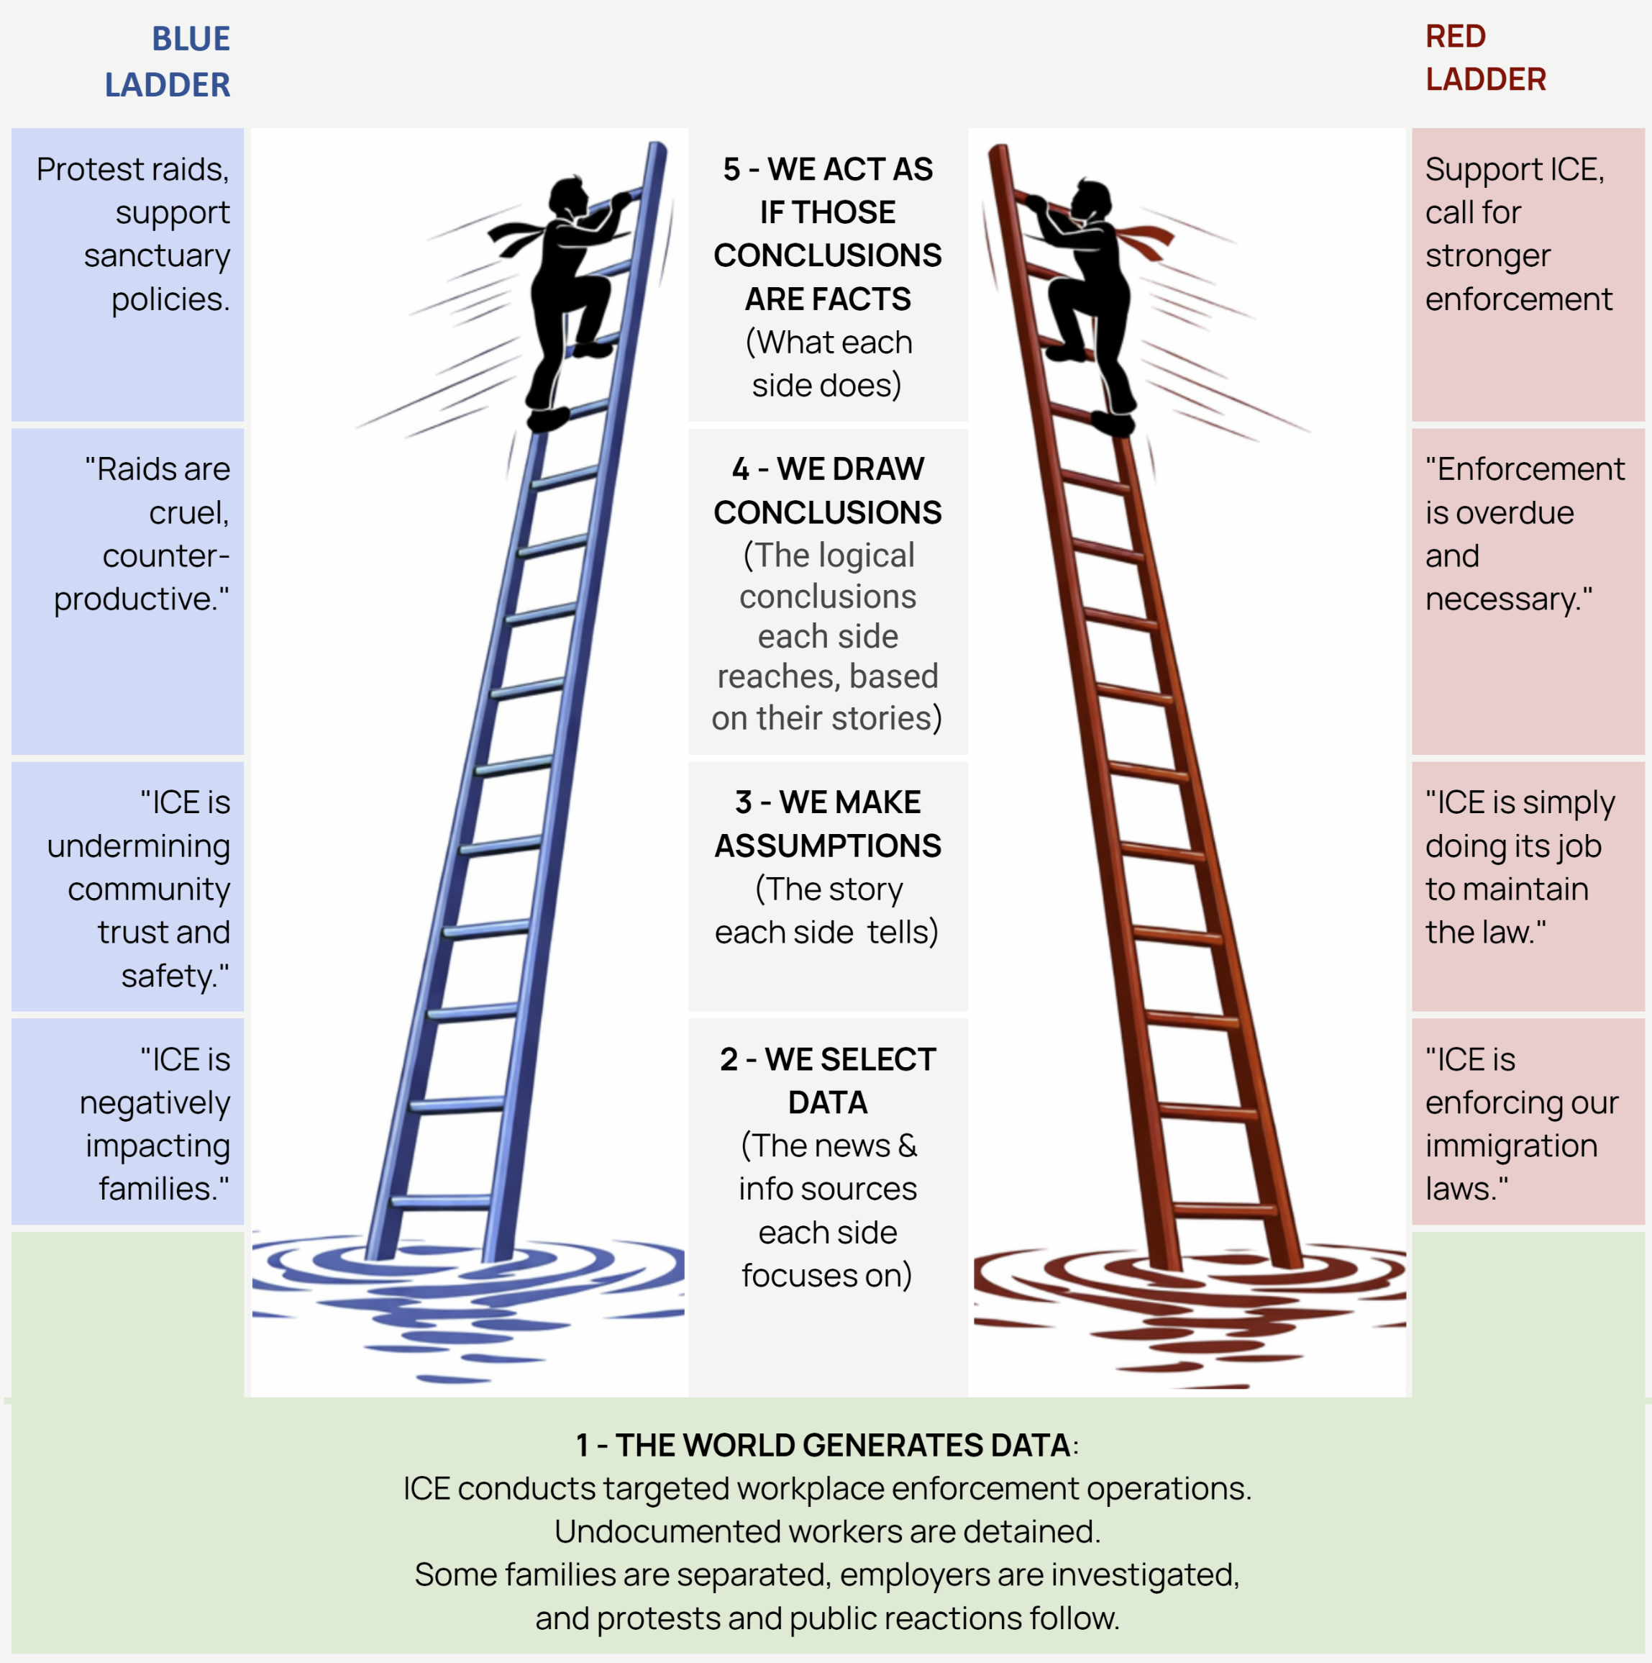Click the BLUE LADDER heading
pyautogui.click(x=168, y=62)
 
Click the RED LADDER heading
pyautogui.click(x=1485, y=58)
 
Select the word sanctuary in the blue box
pyautogui.click(x=157, y=255)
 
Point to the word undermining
pyautogui.click(x=139, y=846)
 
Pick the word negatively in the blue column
pyautogui.click(x=155, y=1102)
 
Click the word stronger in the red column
pyautogui.click(x=1487, y=255)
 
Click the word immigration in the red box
pyautogui.click(x=1511, y=1146)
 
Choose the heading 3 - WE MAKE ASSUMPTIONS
pyautogui.click(x=828, y=824)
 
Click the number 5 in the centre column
pyautogui.click(x=731, y=170)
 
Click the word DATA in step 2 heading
pyautogui.click(x=828, y=1102)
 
